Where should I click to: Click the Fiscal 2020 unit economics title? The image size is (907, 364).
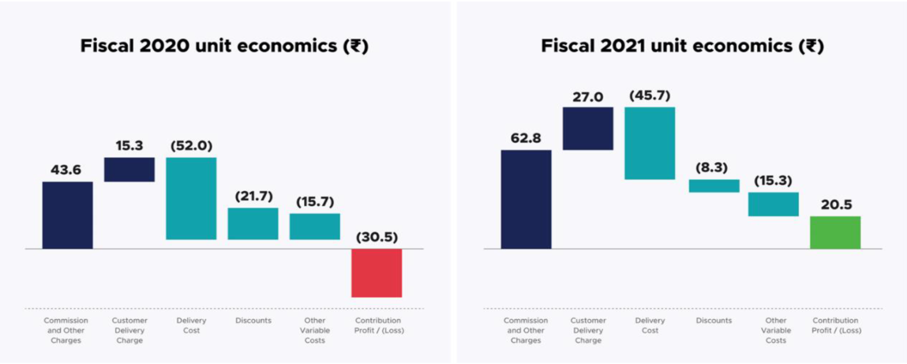224,47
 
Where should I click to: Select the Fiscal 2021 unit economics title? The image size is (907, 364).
682,47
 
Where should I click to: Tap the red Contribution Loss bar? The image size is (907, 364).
376,273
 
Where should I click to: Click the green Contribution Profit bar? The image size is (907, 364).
835,232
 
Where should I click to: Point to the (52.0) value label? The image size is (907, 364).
191,146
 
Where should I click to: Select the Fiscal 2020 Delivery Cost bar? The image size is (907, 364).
191,198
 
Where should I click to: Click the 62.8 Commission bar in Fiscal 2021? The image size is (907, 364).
526,199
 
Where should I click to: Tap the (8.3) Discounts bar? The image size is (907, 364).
714,186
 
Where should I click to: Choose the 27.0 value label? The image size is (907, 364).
588,96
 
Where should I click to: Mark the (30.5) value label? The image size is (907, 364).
377,237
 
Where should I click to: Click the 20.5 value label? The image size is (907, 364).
835,205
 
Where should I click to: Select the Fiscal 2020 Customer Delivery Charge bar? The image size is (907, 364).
129,169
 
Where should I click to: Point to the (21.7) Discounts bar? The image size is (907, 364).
253,224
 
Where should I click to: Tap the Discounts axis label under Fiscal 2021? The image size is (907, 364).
713,320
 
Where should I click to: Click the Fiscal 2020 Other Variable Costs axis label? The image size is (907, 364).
314,330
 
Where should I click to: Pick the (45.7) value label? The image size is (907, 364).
650,96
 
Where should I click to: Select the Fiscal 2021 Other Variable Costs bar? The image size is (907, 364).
773,204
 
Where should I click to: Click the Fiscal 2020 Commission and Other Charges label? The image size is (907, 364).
66,330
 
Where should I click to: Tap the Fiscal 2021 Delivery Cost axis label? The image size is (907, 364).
650,325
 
